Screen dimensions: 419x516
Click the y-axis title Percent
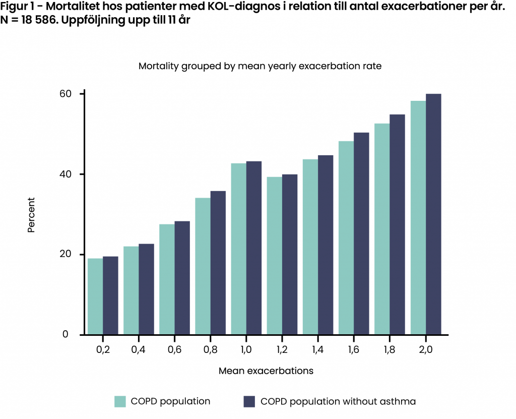coord(31,214)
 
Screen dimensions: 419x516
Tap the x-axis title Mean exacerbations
coord(266,371)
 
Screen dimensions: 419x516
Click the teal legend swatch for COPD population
coord(120,401)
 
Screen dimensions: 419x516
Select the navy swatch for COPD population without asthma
coord(249,401)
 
